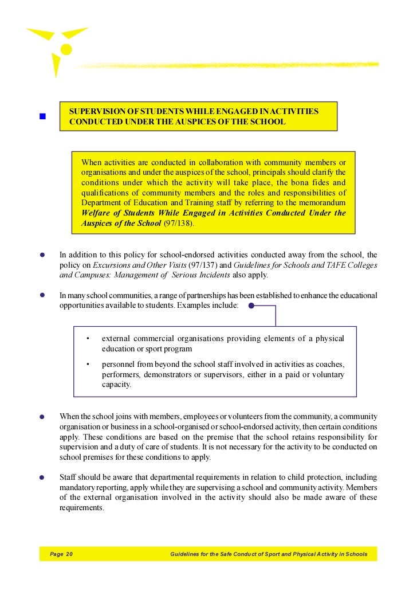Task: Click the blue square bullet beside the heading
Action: (x=42, y=116)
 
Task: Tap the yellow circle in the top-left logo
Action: (x=66, y=49)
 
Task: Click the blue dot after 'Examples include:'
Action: (x=251, y=306)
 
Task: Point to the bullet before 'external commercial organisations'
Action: (x=87, y=339)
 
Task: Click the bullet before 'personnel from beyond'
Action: (x=87, y=365)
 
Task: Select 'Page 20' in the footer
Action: (x=61, y=554)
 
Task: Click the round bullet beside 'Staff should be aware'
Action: (x=42, y=477)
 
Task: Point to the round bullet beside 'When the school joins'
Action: (x=42, y=417)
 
